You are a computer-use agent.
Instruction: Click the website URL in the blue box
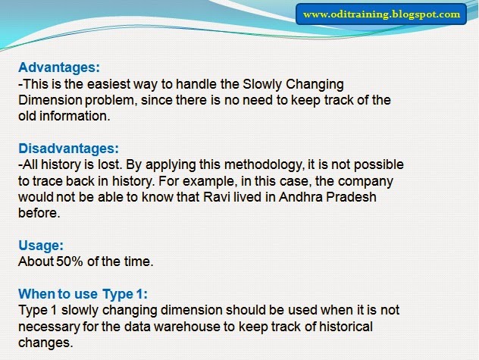point(381,14)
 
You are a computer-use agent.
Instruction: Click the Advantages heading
point(59,67)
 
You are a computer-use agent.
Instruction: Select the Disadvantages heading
point(69,149)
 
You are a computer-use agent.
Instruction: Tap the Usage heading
point(41,246)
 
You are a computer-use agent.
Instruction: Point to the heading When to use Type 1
point(83,294)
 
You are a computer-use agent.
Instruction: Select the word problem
point(109,101)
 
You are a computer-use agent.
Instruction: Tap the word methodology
point(264,165)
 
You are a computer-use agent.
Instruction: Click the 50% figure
point(70,261)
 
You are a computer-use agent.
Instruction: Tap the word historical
point(346,327)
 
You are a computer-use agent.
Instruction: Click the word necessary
point(49,327)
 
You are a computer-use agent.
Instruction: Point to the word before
point(39,213)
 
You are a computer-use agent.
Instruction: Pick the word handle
point(196,84)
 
